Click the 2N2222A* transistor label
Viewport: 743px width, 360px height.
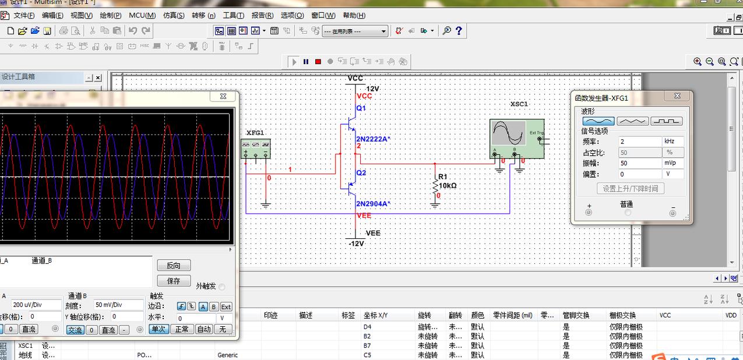point(373,139)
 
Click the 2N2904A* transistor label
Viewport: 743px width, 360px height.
point(373,204)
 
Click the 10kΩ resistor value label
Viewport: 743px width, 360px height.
point(448,186)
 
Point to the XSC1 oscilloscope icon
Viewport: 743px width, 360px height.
point(516,139)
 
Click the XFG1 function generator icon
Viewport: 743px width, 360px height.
point(256,148)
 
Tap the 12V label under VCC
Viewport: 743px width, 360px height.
point(372,89)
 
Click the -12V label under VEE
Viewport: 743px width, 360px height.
point(355,243)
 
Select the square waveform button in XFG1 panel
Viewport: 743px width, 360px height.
point(666,121)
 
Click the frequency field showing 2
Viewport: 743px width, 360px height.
point(639,142)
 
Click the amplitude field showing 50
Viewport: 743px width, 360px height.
point(639,163)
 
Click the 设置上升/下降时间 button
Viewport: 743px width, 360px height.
point(630,189)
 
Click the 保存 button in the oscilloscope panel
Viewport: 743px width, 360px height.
point(174,281)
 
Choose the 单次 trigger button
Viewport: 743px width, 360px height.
point(159,329)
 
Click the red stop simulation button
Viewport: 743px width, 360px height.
point(318,61)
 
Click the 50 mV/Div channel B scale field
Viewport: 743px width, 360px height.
point(119,305)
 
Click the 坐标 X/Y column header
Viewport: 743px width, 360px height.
point(375,315)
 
